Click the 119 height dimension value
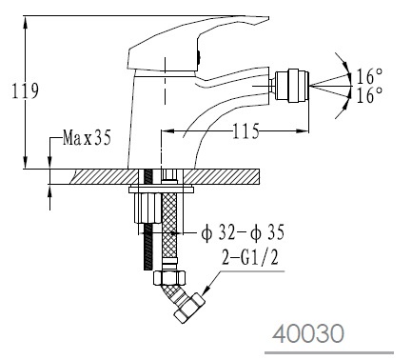click(26, 90)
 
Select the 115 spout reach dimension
click(246, 130)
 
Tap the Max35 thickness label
click(87, 138)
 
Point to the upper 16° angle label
click(370, 76)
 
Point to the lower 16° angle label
click(370, 95)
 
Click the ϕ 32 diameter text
click(218, 232)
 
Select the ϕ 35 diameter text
click(267, 232)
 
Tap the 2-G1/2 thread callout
click(250, 257)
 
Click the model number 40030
click(308, 333)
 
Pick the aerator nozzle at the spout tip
click(291, 86)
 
